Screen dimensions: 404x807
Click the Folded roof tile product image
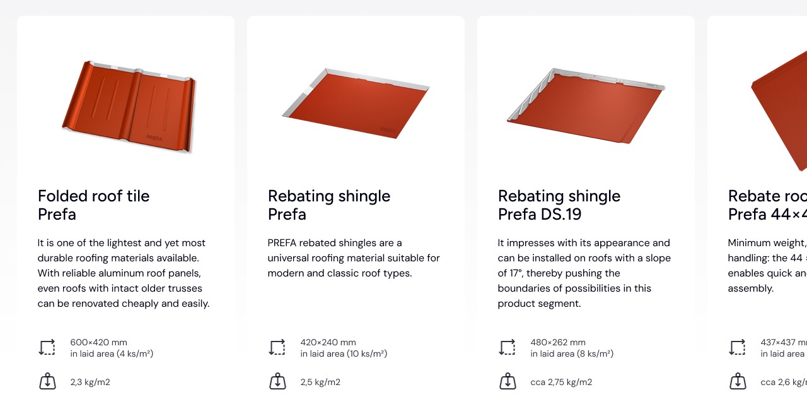coord(129,106)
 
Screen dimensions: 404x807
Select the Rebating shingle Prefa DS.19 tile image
coord(586,105)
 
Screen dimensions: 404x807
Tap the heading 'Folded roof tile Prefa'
coord(93,205)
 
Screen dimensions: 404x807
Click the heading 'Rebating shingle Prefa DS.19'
coord(559,205)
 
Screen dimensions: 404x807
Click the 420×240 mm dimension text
coord(328,342)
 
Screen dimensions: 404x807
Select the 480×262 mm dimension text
coord(558,342)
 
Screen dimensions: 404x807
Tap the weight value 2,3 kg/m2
coord(90,382)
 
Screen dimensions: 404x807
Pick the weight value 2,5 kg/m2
coord(320,382)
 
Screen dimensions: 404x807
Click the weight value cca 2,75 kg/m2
coord(561,382)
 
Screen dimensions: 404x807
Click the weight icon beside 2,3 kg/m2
coord(47,381)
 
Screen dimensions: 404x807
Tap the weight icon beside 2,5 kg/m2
coord(277,381)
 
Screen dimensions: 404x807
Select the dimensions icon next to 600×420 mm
coord(47,348)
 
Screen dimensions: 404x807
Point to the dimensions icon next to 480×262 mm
coord(508,348)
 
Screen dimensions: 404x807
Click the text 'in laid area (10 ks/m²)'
coord(344,353)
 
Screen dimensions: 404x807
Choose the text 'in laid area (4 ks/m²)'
coord(112,353)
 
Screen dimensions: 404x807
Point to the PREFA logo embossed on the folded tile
coord(155,136)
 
